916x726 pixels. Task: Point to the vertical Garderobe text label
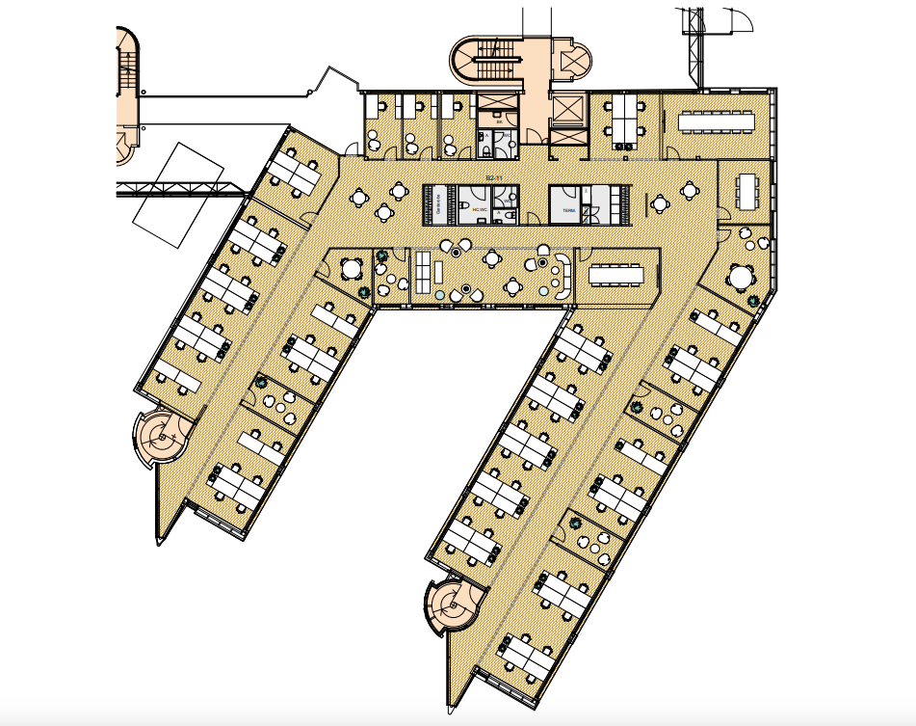point(437,203)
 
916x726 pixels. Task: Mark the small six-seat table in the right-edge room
point(747,190)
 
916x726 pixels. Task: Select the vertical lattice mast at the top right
point(692,43)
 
